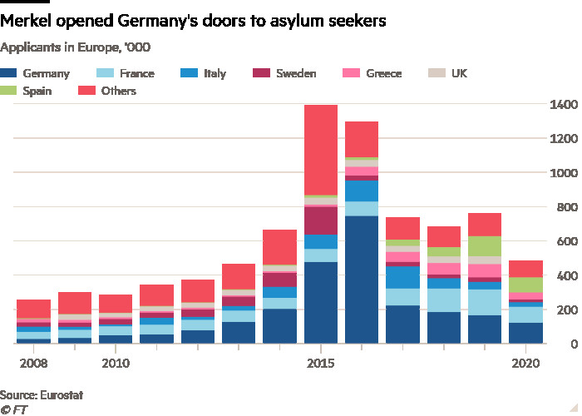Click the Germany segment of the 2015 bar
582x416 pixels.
pyautogui.click(x=321, y=303)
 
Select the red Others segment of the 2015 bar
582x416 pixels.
pyautogui.click(x=321, y=150)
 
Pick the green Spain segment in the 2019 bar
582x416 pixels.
pyautogui.click(x=485, y=246)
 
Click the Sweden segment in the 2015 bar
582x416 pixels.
pyautogui.click(x=321, y=220)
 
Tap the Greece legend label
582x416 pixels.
pyautogui.click(x=383, y=73)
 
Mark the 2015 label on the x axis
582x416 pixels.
pyautogui.click(x=321, y=364)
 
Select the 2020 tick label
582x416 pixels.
pyautogui.click(x=526, y=364)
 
